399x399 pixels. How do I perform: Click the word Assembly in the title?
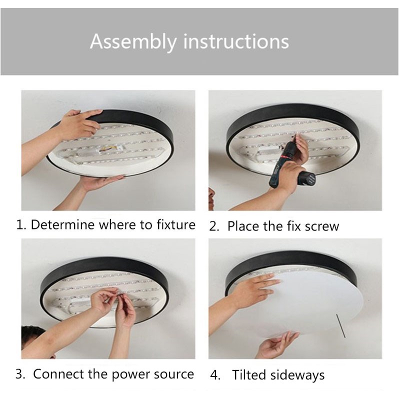click(x=133, y=41)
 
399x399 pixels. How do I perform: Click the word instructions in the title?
click(x=236, y=41)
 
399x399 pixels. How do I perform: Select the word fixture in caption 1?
click(x=176, y=224)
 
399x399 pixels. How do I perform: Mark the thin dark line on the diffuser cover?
click(x=340, y=326)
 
